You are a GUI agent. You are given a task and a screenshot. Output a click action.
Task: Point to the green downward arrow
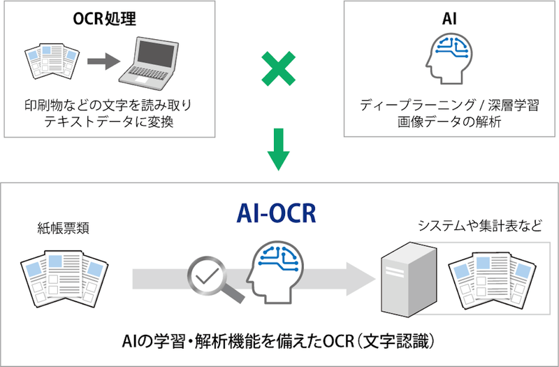pyautogui.click(x=279, y=147)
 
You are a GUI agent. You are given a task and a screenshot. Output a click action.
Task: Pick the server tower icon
pyautogui.click(x=403, y=275)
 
